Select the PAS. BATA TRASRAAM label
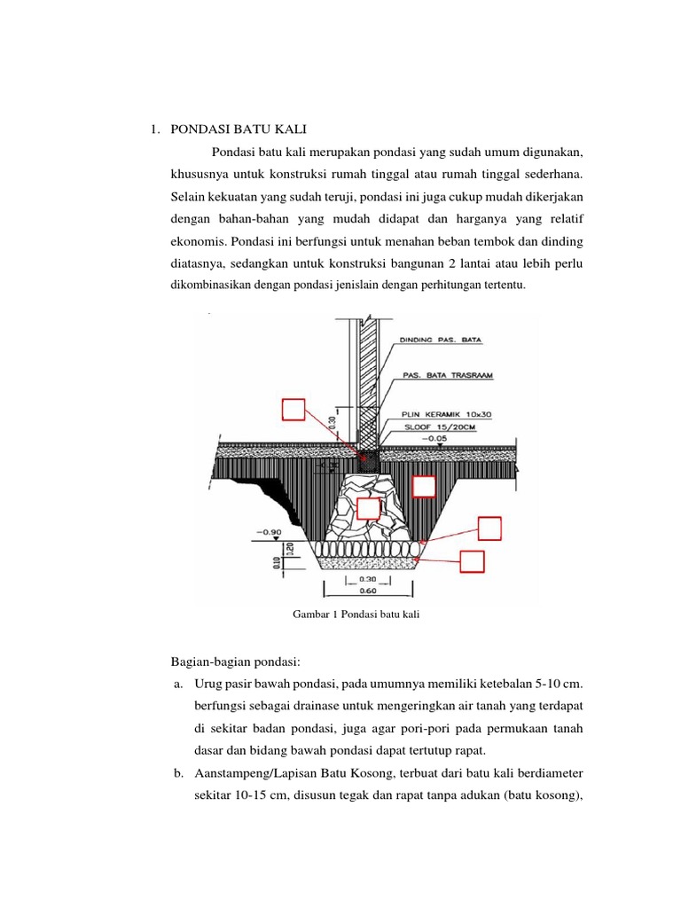tap(448, 375)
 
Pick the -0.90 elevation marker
tap(269, 533)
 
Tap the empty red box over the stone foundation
tap(368, 508)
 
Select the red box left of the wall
tap(294, 410)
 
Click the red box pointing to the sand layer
tap(473, 561)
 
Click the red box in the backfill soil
tap(424, 487)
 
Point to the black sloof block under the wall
tap(369, 458)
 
